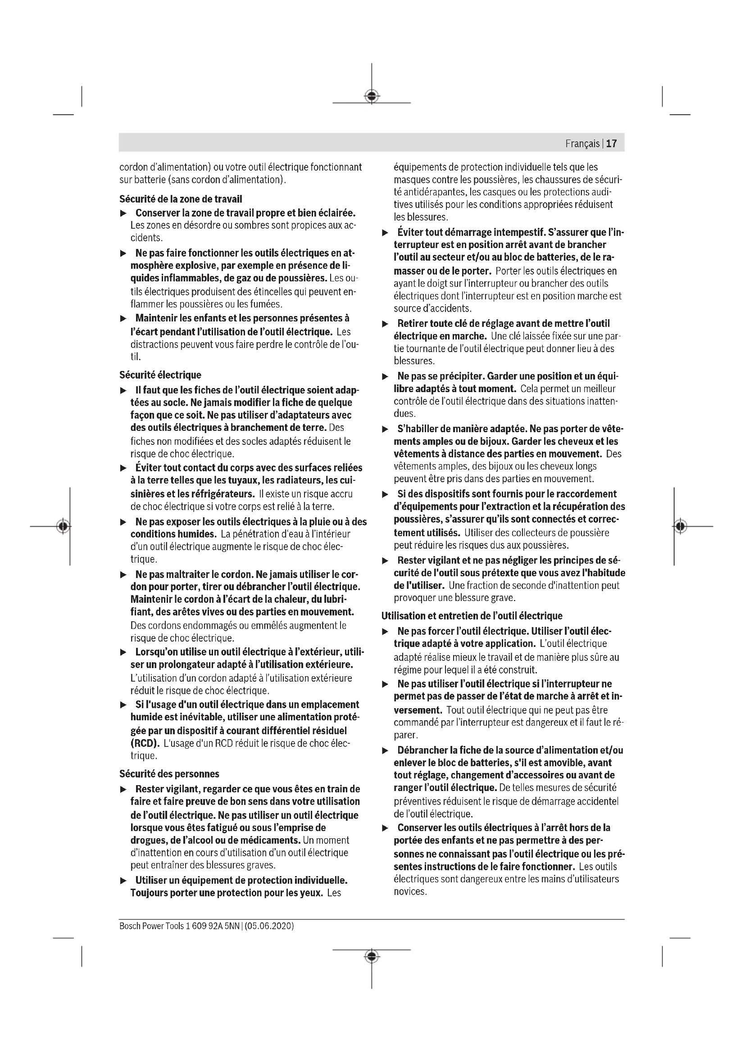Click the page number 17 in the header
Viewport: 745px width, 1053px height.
[x=612, y=144]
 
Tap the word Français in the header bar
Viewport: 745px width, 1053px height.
[x=582, y=144]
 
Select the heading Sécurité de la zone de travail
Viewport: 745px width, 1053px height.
[x=181, y=199]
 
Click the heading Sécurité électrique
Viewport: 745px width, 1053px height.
[x=160, y=375]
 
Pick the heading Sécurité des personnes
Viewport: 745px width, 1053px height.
[x=169, y=774]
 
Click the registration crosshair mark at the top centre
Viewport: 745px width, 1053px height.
[x=372, y=96]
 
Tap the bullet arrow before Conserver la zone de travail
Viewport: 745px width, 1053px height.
[x=123, y=214]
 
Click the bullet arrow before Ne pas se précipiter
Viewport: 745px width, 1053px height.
[x=386, y=377]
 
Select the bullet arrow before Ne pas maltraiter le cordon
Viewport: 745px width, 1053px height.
[x=123, y=575]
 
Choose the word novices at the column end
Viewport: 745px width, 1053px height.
[x=409, y=891]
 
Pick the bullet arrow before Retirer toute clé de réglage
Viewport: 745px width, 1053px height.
[x=386, y=324]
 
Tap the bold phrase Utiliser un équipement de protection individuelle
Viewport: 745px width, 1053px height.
[x=241, y=880]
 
